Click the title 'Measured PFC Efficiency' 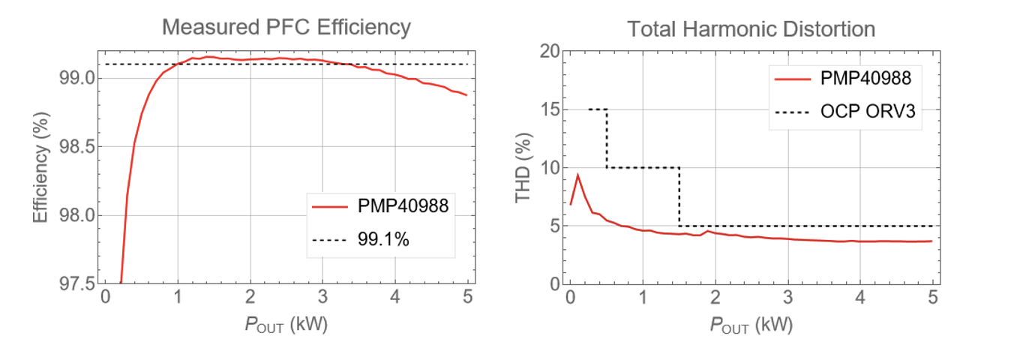[x=286, y=28]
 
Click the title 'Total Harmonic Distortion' [x=751, y=29]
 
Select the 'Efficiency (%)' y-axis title [x=41, y=168]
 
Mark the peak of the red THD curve [x=577, y=175]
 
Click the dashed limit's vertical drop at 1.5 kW [x=679, y=196]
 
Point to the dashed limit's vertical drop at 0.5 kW [x=607, y=139]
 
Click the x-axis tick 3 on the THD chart [x=787, y=297]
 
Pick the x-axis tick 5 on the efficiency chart [x=467, y=297]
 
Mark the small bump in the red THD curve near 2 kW [x=706, y=230]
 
